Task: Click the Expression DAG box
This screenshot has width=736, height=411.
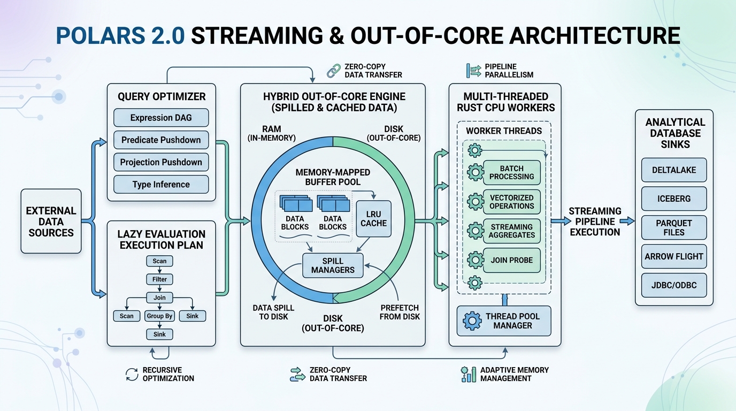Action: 161,118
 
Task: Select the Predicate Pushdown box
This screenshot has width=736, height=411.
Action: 161,140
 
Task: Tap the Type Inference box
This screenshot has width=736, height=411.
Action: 161,185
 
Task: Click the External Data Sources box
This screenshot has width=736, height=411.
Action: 51,221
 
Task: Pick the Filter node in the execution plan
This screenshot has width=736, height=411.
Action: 159,279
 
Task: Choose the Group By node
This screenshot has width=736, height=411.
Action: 159,316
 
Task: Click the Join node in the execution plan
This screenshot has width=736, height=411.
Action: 159,298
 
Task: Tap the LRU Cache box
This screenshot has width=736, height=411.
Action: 373,219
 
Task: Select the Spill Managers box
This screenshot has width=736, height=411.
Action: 333,265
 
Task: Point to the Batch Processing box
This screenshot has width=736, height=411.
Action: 511,173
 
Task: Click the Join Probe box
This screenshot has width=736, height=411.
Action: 511,260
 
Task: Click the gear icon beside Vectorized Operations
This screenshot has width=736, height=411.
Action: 475,202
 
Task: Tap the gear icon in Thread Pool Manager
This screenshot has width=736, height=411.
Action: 472,321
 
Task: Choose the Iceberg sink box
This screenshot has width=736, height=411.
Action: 674,199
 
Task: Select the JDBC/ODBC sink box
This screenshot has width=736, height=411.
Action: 674,285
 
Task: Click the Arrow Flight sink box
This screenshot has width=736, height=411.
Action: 674,256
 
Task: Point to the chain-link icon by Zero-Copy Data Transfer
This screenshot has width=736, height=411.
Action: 334,71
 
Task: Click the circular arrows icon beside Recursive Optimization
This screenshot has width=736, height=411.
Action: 132,375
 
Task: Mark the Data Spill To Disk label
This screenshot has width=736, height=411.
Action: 273,313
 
